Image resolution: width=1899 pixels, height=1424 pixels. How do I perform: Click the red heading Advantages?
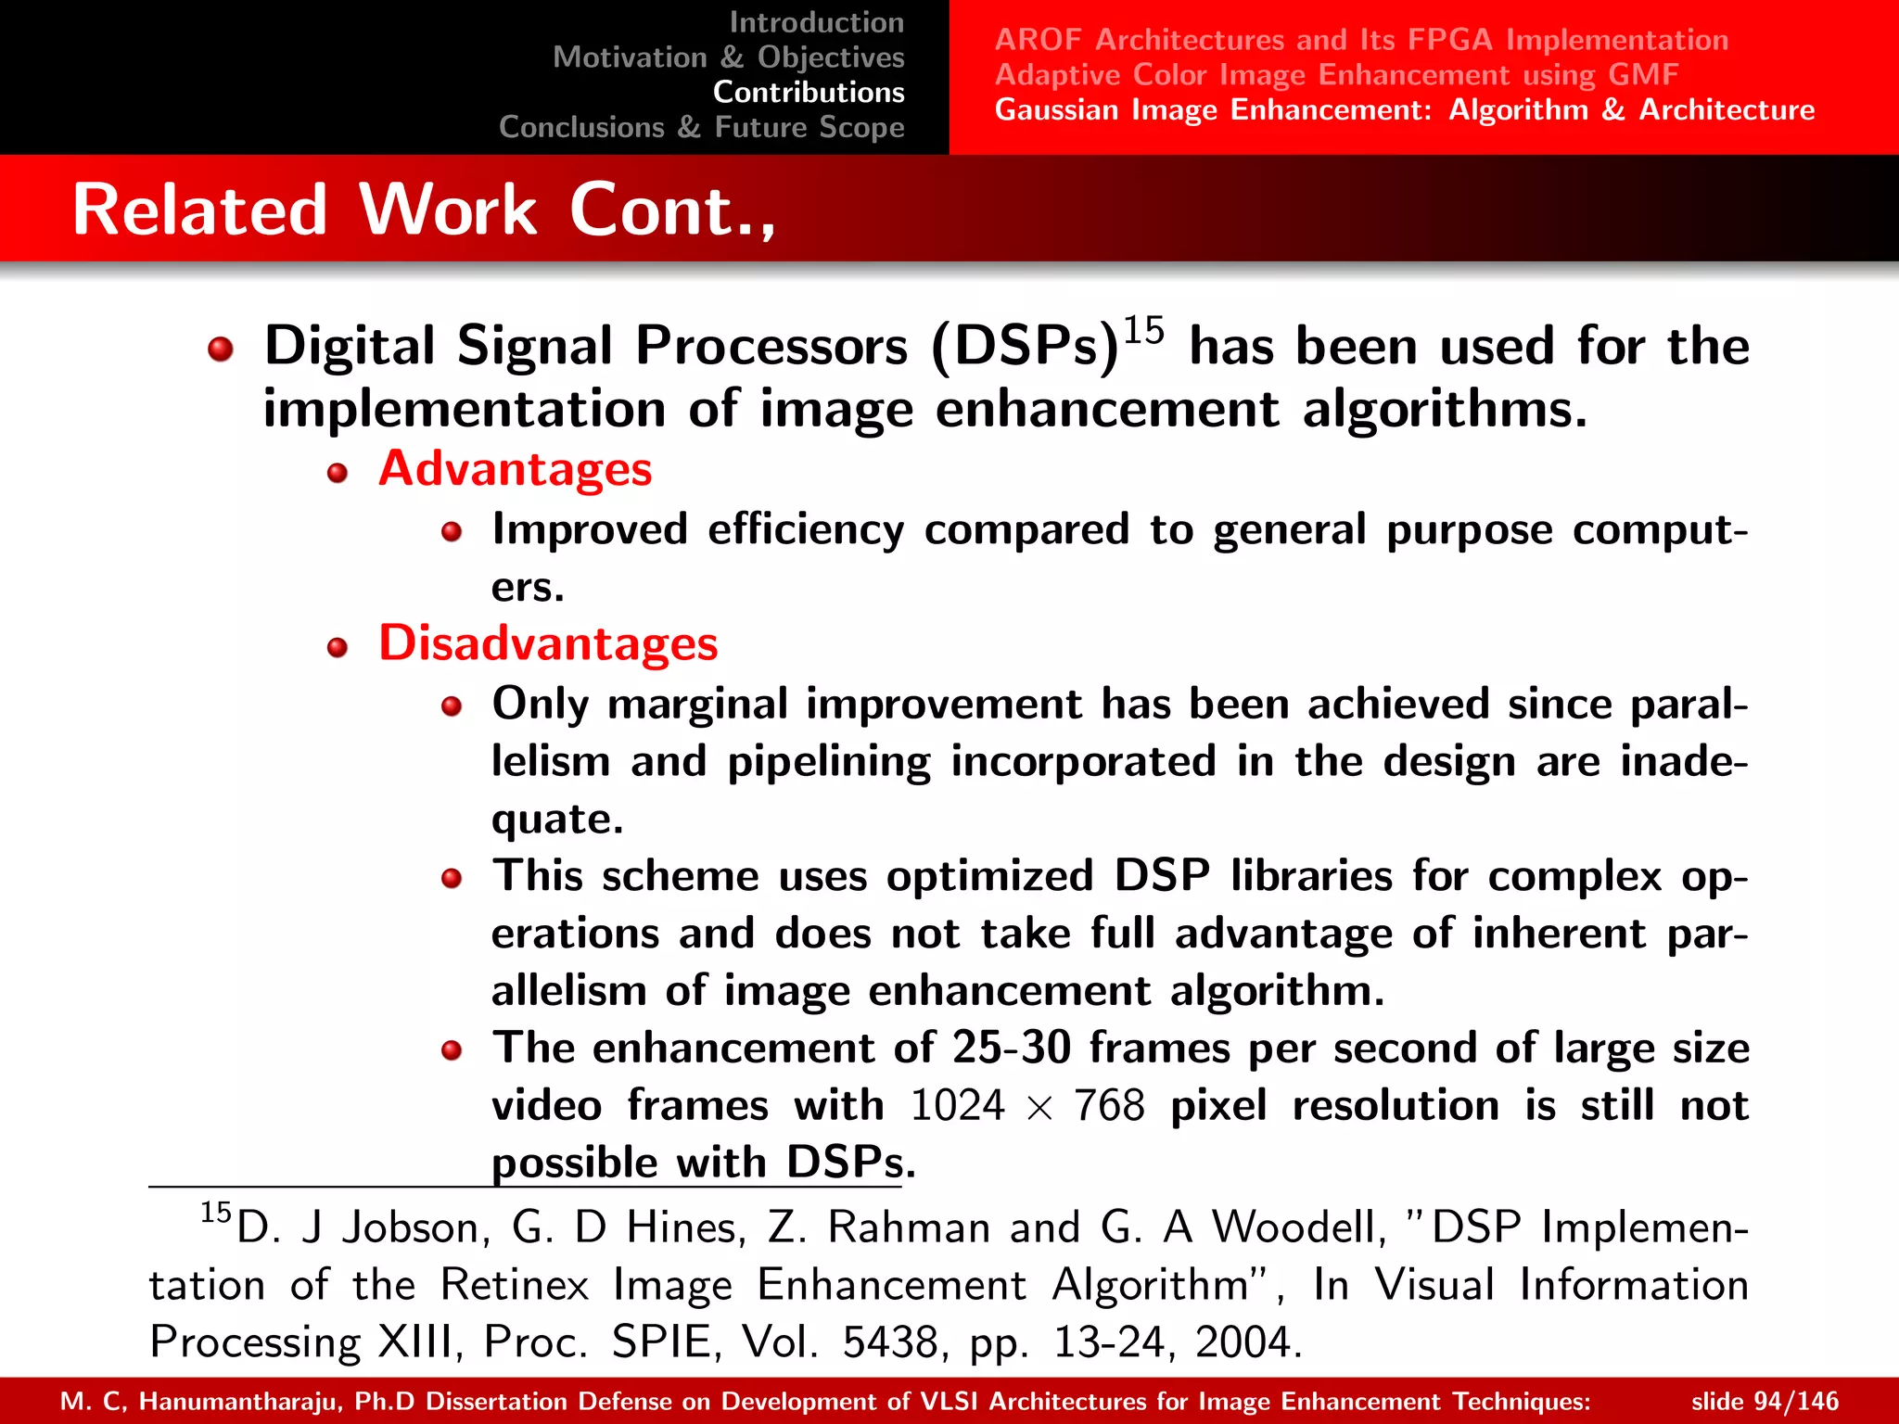pos(515,469)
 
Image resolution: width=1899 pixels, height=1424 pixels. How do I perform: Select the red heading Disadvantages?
pos(548,643)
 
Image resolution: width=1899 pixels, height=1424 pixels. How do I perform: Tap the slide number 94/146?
pos(1764,1401)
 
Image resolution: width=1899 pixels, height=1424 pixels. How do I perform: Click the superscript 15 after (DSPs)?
pos(1143,330)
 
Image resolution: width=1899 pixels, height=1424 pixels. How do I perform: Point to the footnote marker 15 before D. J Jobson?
pos(215,1212)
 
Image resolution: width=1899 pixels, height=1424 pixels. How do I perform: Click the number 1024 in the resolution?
pos(957,1106)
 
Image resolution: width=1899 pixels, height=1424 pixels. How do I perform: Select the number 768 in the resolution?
pos(1109,1106)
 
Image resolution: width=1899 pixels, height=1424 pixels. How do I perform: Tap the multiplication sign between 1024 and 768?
pos(1039,1108)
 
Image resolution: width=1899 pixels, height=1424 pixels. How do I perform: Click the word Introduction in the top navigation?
pos(816,22)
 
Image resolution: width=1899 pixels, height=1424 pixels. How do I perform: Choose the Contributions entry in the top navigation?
pos(808,92)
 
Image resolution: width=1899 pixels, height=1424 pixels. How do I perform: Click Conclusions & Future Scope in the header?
pos(701,127)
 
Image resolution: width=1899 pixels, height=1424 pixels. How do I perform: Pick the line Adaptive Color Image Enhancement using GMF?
pos(1336,74)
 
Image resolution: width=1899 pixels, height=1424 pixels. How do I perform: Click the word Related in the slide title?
pos(199,210)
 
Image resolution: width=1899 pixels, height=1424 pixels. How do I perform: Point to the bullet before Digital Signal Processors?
pos(221,350)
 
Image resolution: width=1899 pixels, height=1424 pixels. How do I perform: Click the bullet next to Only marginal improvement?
pos(452,707)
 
